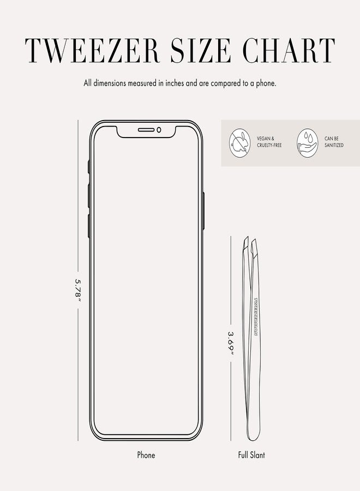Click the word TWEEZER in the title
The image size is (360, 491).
(93, 50)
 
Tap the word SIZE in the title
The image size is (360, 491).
(201, 50)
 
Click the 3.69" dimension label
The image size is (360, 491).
(231, 343)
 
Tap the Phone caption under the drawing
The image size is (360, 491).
(146, 454)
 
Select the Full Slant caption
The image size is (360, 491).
(251, 454)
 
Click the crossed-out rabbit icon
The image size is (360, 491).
(240, 142)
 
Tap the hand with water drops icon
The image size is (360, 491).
(308, 142)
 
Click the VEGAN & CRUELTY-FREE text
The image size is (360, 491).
(269, 142)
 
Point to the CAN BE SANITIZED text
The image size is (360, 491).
(334, 142)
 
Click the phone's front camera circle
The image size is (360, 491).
(159, 130)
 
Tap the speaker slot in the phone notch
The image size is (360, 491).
(146, 130)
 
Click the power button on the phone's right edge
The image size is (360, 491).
(203, 211)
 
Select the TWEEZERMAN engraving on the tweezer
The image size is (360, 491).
(256, 317)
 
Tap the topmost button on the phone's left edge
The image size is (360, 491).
(89, 166)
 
